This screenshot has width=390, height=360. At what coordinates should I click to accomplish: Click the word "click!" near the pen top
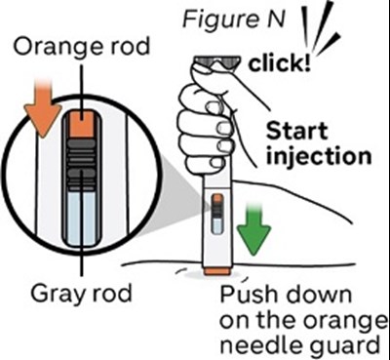coord(280,63)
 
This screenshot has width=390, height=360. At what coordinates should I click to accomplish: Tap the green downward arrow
coord(253,228)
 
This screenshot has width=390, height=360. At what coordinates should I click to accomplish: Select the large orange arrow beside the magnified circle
coord(43,108)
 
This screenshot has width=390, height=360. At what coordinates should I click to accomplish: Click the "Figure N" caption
coord(234,20)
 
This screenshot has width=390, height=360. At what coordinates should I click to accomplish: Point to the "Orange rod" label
coord(81,48)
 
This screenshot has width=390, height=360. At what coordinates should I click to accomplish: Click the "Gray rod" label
coord(81,294)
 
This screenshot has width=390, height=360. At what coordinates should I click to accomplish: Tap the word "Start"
coord(296,131)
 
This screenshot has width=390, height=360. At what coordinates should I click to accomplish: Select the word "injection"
coord(319,156)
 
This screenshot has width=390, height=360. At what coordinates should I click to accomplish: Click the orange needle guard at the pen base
coord(217,271)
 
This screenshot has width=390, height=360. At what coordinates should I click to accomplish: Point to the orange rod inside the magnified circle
coord(82,124)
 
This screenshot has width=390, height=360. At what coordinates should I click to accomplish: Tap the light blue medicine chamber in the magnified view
coord(82,218)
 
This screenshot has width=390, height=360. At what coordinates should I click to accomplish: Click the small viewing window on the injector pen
coord(217,214)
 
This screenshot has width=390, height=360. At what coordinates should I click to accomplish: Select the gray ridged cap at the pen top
coord(216,62)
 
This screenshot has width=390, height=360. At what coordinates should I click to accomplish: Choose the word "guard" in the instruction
coord(343,344)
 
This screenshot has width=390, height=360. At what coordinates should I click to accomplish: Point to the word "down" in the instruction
coord(316,296)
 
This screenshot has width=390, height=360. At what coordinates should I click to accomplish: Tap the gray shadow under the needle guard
coord(216,276)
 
